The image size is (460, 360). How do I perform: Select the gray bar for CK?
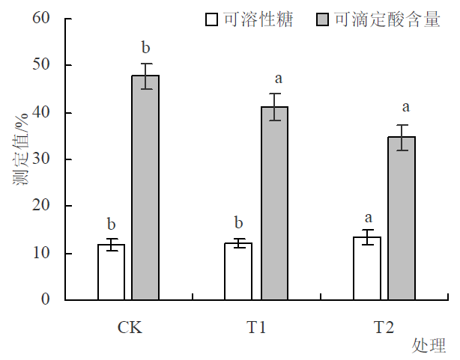tap(145, 187)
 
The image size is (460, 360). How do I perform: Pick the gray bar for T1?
tap(273, 203)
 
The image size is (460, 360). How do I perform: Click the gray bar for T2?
tap(402, 218)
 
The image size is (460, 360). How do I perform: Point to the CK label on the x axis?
tap(130, 328)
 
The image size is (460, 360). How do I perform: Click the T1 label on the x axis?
tap(256, 328)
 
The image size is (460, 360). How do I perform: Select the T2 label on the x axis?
tap(384, 328)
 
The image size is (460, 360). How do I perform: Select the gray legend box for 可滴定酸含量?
tap(323, 19)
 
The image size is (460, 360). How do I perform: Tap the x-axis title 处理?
tap(428, 345)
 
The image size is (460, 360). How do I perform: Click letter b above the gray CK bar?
tap(146, 49)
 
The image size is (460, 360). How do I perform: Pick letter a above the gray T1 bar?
tap(278, 78)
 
